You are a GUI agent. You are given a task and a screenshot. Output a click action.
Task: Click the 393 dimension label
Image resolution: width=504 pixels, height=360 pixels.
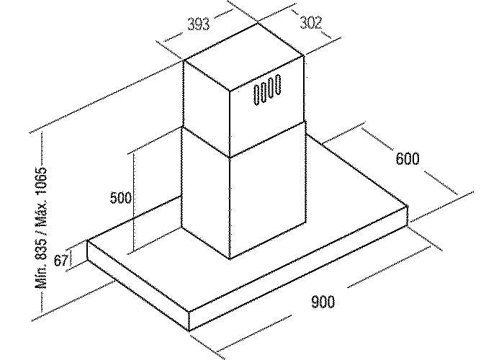(198, 24)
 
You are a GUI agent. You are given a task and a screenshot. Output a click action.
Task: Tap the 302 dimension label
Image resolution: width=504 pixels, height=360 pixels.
(310, 23)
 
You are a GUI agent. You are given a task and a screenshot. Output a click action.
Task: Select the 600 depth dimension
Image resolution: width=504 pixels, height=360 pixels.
(408, 159)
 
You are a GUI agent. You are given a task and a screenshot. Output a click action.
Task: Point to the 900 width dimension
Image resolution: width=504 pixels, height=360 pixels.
(323, 302)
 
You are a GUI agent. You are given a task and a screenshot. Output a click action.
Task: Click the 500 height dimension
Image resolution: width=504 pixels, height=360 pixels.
(121, 197)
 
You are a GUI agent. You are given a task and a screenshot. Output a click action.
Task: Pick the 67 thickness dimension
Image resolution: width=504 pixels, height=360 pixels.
(61, 260)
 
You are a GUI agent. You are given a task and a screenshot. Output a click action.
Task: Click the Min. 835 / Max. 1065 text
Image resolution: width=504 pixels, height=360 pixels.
(42, 228)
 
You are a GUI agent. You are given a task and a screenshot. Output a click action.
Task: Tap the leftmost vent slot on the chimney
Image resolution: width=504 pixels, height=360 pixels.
(257, 96)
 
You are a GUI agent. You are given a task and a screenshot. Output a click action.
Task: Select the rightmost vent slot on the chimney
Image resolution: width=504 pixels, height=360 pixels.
(278, 84)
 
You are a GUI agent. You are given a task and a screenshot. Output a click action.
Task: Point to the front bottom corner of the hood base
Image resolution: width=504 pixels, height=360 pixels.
(189, 330)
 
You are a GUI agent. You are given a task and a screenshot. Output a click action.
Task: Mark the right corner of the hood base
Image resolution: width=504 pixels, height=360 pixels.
(408, 206)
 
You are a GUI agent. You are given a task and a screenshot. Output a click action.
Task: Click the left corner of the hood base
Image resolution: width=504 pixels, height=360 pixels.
(87, 240)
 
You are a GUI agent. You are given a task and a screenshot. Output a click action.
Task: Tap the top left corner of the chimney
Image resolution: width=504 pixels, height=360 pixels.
(184, 60)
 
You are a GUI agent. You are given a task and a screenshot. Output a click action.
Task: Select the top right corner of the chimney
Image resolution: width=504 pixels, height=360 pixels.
(304, 56)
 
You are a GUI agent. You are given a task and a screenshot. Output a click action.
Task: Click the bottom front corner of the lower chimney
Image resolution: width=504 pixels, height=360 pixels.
(230, 258)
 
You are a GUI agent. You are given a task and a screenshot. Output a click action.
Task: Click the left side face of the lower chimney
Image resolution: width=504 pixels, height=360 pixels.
(206, 193)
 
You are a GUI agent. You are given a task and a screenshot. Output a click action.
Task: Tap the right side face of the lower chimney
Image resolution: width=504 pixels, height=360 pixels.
(267, 189)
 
